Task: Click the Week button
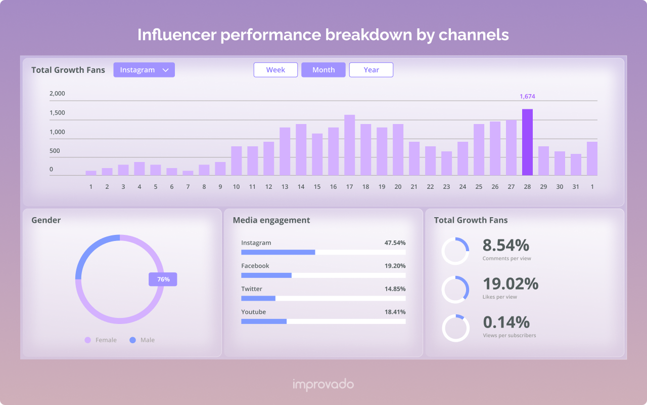(275, 70)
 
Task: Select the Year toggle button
(371, 70)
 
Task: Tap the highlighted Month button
(323, 70)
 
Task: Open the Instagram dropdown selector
(144, 70)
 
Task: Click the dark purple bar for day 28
(527, 143)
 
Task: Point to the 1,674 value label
(527, 96)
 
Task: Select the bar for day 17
(349, 145)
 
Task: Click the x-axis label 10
(236, 187)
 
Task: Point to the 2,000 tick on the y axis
(57, 94)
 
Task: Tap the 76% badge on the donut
(163, 279)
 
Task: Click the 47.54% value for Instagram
(395, 243)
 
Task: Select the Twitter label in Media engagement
(252, 289)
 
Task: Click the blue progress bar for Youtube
(264, 321)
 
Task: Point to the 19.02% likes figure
(511, 284)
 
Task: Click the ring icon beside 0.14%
(455, 328)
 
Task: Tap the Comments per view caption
(506, 259)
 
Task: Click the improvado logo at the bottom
(323, 385)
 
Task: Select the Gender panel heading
(46, 220)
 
